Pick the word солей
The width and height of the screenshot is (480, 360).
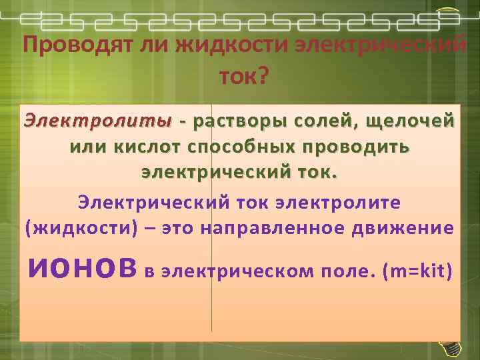pos(324,122)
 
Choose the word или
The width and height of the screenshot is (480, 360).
pos(87,147)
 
